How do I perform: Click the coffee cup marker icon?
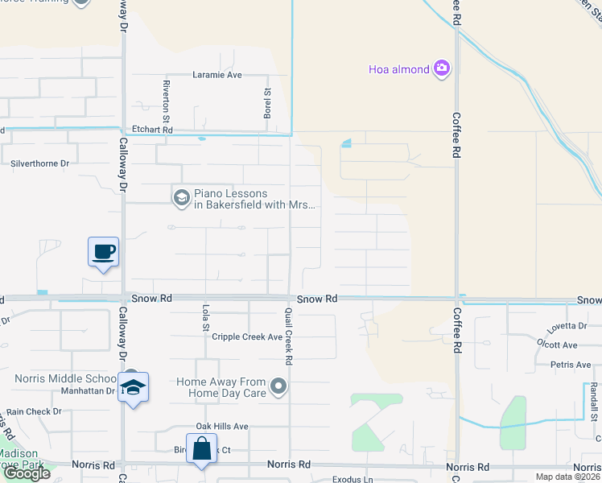[x=103, y=252]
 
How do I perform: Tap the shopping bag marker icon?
[x=201, y=448]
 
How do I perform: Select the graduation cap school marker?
[x=133, y=388]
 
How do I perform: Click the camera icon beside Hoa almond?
[x=441, y=69]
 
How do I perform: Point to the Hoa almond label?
[x=398, y=69]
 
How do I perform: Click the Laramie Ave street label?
[x=217, y=75]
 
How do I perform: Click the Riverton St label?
[x=166, y=96]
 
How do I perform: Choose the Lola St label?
[x=205, y=317]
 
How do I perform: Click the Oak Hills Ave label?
[x=222, y=426]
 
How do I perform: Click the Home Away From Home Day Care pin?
[x=279, y=387]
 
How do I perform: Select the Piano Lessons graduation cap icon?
[x=181, y=196]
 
